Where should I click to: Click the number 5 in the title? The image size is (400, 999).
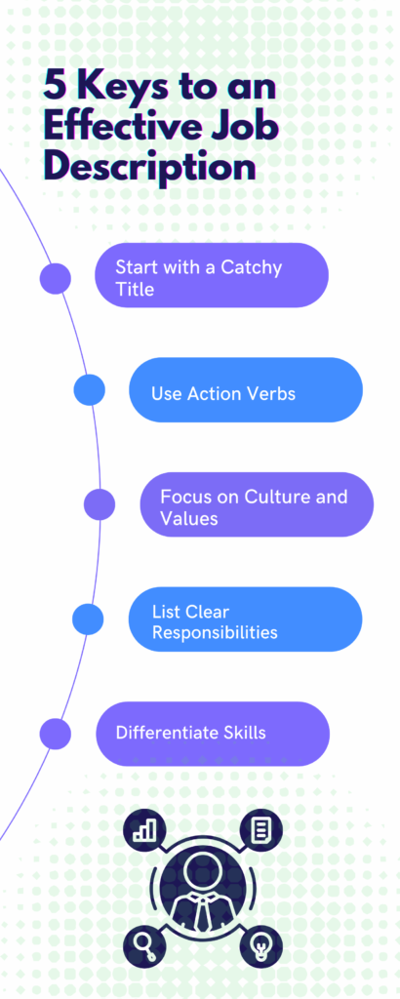click(55, 87)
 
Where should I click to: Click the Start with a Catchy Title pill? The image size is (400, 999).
click(212, 275)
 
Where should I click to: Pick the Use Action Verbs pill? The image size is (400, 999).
click(246, 390)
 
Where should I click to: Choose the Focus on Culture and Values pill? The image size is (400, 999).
click(257, 504)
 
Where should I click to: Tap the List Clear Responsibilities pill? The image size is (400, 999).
click(245, 619)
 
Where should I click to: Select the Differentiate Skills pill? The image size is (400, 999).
click(213, 734)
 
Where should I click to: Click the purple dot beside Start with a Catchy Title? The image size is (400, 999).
click(56, 278)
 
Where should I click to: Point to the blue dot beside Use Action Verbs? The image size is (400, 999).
click(89, 390)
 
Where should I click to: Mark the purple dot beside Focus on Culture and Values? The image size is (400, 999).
click(100, 504)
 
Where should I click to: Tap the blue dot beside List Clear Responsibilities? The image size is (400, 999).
click(88, 619)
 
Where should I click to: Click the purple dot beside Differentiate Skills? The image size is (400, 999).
click(56, 734)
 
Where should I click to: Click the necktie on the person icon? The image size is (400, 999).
click(202, 912)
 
